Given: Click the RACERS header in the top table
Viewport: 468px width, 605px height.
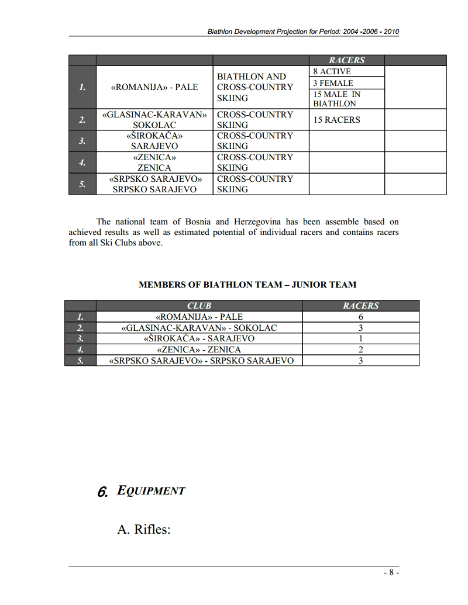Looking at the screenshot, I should (x=346, y=60).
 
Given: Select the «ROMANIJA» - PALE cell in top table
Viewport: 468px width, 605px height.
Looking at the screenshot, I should (x=154, y=87).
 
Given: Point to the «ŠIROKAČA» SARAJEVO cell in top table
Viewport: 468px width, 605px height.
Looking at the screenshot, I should (x=154, y=141).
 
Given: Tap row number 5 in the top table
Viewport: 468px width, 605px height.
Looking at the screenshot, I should (x=82, y=184).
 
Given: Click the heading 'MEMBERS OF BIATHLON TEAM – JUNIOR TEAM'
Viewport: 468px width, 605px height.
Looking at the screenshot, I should (x=247, y=285).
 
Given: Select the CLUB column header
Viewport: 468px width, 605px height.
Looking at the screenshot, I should (x=199, y=306).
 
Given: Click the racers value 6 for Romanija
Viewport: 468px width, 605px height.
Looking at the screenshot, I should (x=361, y=317).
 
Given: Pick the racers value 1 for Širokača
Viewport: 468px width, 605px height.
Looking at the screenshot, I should (x=361, y=338).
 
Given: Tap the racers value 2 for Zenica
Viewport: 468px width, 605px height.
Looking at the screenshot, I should (x=361, y=350).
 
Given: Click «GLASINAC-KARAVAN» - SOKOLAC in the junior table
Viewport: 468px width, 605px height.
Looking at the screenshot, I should (x=199, y=328).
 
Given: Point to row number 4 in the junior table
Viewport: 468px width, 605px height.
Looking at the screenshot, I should (x=81, y=350).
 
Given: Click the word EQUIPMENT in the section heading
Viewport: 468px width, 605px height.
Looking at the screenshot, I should (x=151, y=491).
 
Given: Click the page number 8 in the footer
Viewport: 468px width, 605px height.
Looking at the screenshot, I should (x=391, y=573).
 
